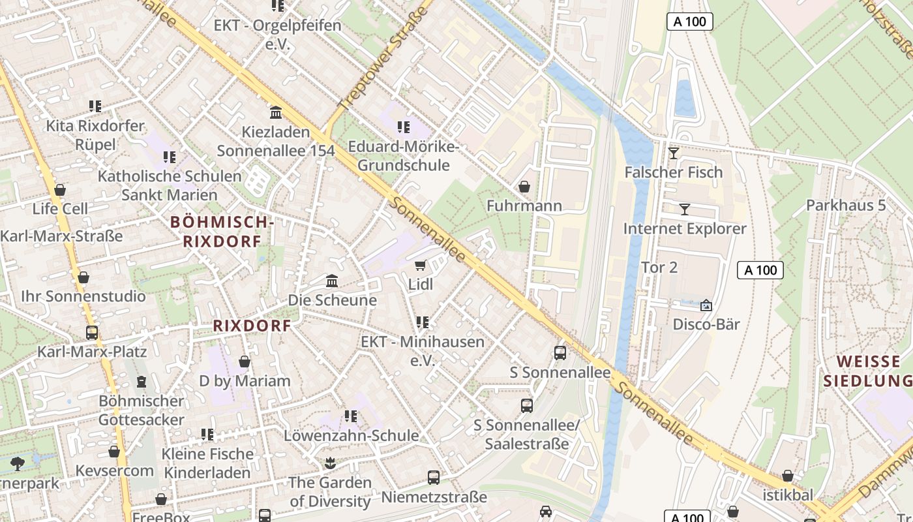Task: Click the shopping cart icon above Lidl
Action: pos(421,265)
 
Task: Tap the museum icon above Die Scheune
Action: pos(332,281)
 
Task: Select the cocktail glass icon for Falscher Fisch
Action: pos(674,153)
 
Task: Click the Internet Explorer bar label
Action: pos(685,229)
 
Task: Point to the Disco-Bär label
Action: pos(706,324)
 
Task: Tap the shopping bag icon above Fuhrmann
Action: pos(524,187)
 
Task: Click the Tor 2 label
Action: pos(660,268)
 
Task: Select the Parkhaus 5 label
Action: pos(846,206)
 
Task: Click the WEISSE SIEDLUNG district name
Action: pos(867,371)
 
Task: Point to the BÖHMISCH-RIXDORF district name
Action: pos(222,232)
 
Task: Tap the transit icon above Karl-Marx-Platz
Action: pos(92,332)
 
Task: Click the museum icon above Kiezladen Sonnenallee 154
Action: pos(276,113)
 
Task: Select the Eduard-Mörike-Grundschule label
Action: pos(403,156)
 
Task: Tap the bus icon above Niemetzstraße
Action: pos(434,478)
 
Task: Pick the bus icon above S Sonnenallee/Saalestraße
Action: pos(527,406)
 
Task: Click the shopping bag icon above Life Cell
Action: pos(60,190)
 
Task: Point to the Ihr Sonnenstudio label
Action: pos(83,297)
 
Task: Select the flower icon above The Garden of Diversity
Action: pos(330,463)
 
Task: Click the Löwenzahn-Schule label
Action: pos(352,435)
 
